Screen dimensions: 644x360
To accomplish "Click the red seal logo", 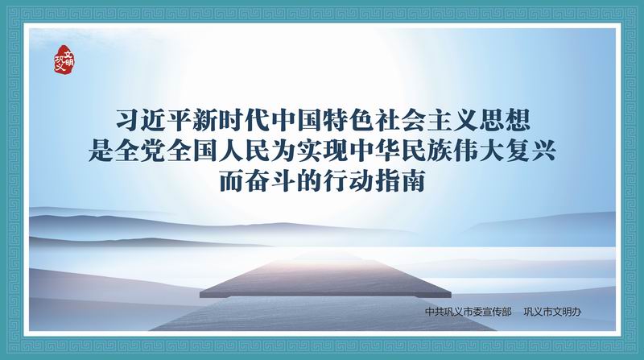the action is coord(64,60).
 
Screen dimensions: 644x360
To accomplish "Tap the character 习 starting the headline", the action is coord(128,121).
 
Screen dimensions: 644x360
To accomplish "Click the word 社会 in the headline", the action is coord(400,121).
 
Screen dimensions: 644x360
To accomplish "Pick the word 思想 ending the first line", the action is coord(505,121).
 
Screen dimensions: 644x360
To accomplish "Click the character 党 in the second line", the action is coord(152,151).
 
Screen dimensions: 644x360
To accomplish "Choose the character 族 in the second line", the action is coord(439,151).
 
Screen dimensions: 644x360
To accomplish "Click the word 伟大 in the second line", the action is coord(478,151).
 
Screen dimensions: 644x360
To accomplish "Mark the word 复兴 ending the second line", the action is coord(530,151).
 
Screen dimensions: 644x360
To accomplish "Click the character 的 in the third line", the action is coord(309,181).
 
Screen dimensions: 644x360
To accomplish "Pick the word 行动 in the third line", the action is coord(348,181).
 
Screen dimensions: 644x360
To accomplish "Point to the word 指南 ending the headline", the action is coord(400,181).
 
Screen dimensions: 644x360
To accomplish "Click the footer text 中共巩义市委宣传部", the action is coord(468,312).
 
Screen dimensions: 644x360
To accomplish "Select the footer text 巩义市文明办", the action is coord(552,312).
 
